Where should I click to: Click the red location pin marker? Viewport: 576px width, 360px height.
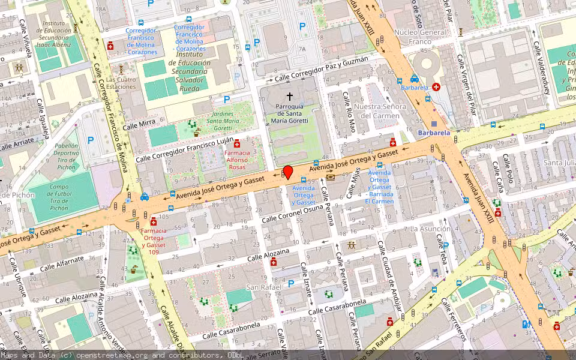tap(288, 172)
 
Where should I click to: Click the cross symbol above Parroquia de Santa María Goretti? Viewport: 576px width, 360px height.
tap(290, 95)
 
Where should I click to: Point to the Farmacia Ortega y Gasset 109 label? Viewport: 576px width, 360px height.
tap(154, 238)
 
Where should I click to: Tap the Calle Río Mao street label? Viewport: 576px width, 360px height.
tap(350, 112)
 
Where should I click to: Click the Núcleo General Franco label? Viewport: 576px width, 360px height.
tap(420, 37)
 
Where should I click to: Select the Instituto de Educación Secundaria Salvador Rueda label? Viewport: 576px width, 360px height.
tap(189, 71)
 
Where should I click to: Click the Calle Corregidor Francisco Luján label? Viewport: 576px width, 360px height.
tap(184, 150)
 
